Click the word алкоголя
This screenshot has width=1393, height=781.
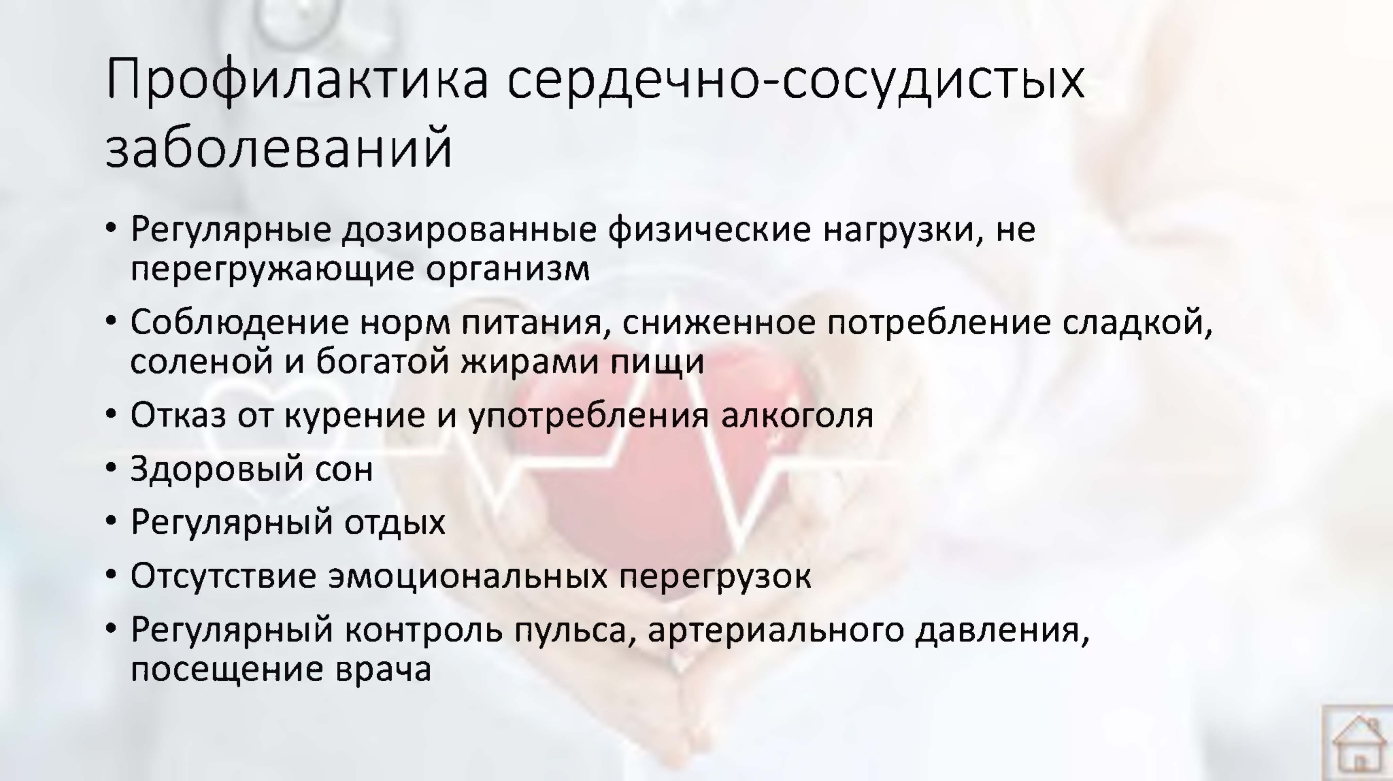point(797,415)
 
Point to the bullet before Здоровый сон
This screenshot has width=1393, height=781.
point(111,468)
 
